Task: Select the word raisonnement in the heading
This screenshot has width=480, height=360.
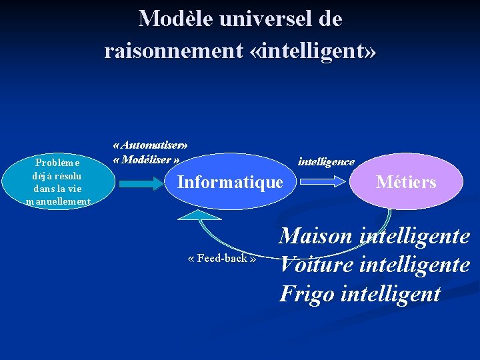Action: pyautogui.click(x=173, y=50)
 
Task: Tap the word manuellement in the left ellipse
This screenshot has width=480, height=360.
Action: pyautogui.click(x=58, y=201)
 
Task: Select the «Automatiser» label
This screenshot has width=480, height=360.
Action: pyautogui.click(x=151, y=145)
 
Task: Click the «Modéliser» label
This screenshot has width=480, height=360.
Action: pyautogui.click(x=147, y=160)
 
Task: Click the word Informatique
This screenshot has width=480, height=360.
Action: pyautogui.click(x=230, y=182)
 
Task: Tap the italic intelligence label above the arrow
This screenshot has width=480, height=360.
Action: pyautogui.click(x=326, y=162)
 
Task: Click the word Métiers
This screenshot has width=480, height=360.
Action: pyautogui.click(x=406, y=182)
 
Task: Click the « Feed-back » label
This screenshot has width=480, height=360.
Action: pyautogui.click(x=222, y=258)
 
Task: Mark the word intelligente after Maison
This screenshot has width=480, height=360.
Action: pyautogui.click(x=415, y=236)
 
